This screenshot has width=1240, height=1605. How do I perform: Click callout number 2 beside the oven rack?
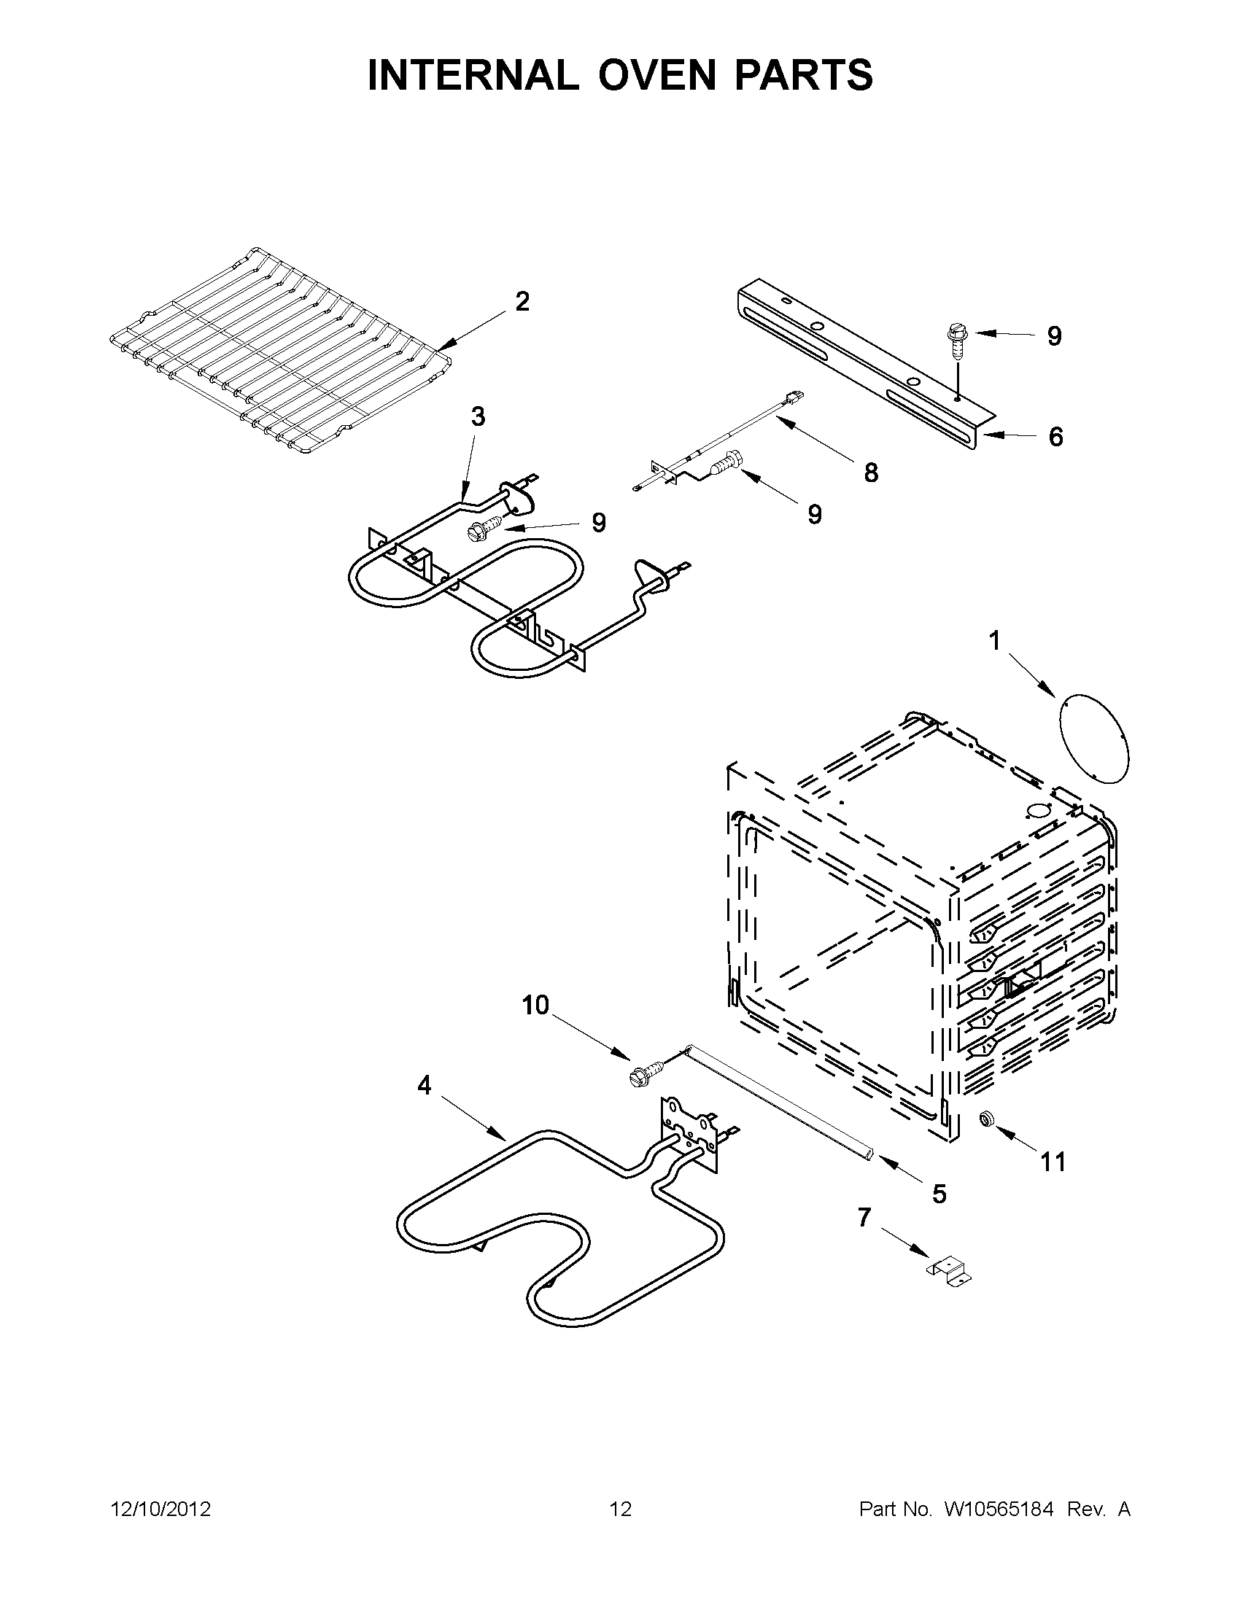pyautogui.click(x=522, y=301)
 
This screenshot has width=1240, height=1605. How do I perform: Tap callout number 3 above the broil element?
pyautogui.click(x=478, y=417)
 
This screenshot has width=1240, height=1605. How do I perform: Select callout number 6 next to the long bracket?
pyautogui.click(x=1055, y=437)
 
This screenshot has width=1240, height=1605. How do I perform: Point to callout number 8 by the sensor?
pyautogui.click(x=871, y=473)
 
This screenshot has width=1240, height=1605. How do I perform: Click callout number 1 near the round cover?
pyautogui.click(x=993, y=642)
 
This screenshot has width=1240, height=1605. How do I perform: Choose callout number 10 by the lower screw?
pyautogui.click(x=536, y=1005)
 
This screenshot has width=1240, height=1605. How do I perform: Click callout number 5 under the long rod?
pyautogui.click(x=939, y=1194)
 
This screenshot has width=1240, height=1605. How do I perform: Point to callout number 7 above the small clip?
pyautogui.click(x=864, y=1217)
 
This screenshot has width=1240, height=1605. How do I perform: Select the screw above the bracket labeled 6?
pyautogui.click(x=956, y=339)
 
